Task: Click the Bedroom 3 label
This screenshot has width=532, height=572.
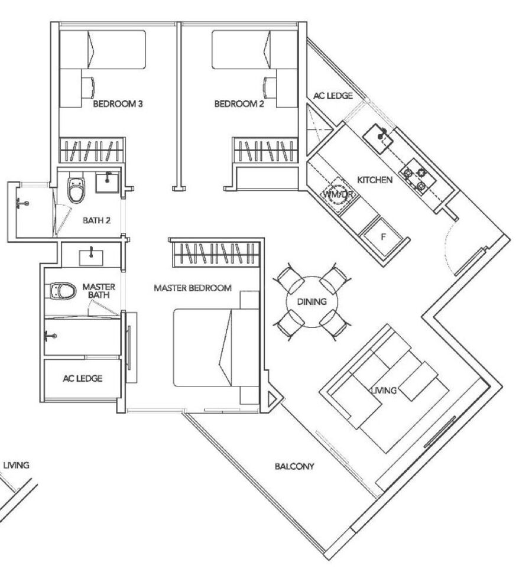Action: (118, 104)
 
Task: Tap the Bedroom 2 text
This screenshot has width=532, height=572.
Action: (239, 104)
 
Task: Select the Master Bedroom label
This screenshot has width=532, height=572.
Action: (193, 288)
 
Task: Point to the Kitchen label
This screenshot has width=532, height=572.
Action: (375, 180)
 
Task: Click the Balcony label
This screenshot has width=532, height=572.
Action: (294, 466)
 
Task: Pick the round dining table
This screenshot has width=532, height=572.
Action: (312, 302)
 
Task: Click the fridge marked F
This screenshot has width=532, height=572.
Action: (383, 237)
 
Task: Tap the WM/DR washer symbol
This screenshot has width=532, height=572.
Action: (338, 194)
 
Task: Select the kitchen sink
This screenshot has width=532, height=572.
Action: (378, 137)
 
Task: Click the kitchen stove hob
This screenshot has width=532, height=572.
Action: (415, 177)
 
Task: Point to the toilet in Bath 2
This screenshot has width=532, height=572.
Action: (76, 189)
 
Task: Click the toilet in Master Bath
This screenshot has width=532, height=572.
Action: (63, 291)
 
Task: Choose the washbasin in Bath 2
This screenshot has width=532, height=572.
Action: (107, 183)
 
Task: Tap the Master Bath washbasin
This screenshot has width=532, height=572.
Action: (91, 258)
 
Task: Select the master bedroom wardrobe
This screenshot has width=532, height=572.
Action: (216, 253)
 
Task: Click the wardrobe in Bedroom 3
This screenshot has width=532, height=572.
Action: (92, 150)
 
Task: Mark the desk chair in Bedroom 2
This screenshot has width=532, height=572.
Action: (269, 87)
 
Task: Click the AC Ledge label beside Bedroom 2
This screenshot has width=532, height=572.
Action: (333, 96)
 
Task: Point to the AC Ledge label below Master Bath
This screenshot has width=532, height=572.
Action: (83, 379)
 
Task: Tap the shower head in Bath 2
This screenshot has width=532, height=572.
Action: (22, 203)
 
